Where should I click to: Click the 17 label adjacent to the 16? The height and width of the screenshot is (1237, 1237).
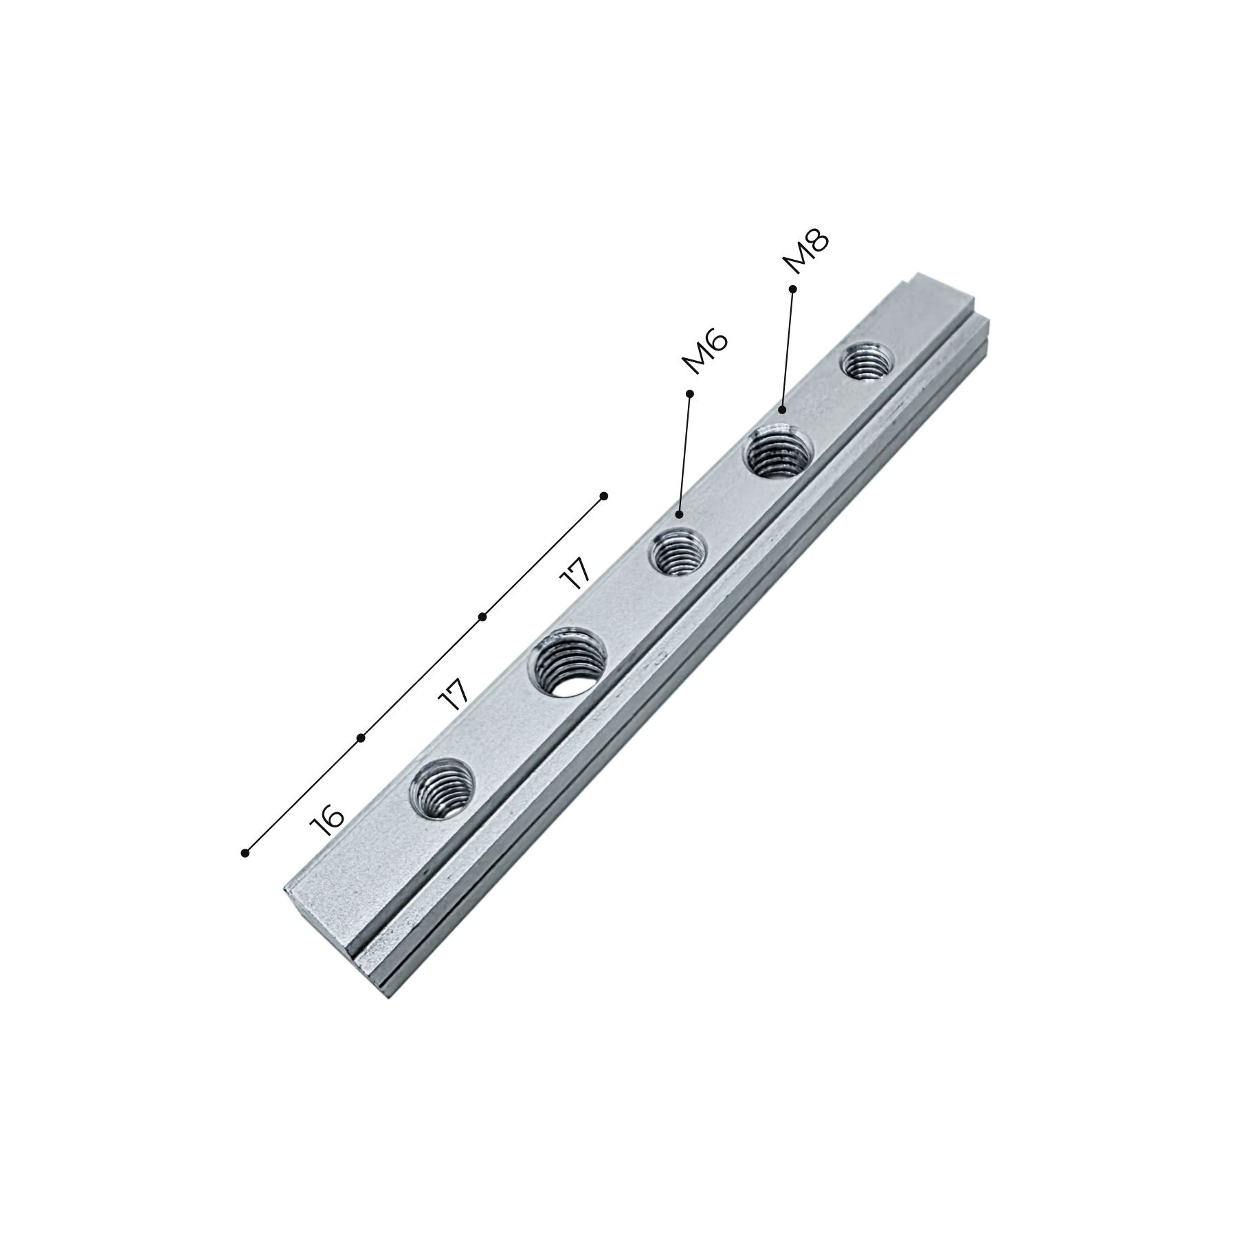click(x=454, y=695)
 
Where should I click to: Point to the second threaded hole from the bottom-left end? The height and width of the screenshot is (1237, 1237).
click(x=567, y=662)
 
